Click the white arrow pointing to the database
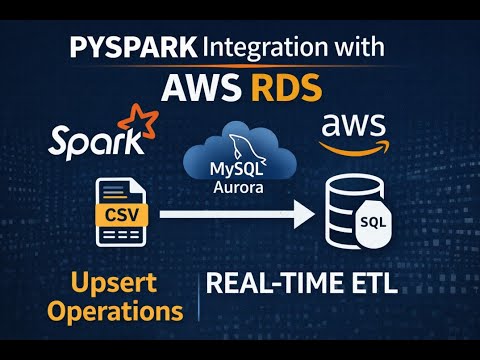[240, 213]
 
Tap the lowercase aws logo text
[351, 128]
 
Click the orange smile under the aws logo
[352, 146]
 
